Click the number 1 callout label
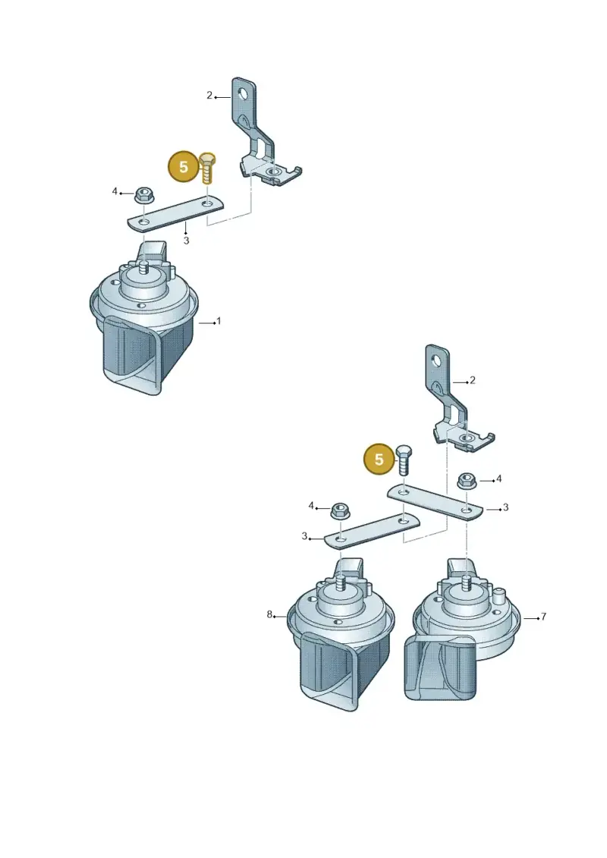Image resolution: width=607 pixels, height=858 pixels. (x=219, y=321)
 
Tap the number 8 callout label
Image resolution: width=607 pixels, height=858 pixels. (x=269, y=614)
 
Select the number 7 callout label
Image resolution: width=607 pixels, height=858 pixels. (x=543, y=617)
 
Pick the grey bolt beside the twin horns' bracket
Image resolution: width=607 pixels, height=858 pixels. (x=404, y=460)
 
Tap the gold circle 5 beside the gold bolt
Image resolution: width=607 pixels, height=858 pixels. (x=184, y=166)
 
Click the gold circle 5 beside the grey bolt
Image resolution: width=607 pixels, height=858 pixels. (x=379, y=459)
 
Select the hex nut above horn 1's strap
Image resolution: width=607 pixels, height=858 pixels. (x=143, y=194)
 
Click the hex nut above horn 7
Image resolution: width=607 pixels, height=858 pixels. (x=466, y=480)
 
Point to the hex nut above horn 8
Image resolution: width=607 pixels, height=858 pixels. (x=340, y=512)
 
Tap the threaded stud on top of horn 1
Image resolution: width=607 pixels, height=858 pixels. (x=144, y=269)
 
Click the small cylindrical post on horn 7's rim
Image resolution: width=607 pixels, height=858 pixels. (x=498, y=595)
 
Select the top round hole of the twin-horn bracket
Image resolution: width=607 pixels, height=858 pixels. (x=437, y=360)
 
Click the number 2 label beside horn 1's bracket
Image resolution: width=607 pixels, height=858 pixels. (x=209, y=96)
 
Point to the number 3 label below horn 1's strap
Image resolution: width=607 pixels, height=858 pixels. (x=186, y=240)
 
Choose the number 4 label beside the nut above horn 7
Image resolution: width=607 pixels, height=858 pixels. (x=498, y=479)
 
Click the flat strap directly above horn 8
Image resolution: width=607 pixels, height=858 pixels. (x=372, y=530)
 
